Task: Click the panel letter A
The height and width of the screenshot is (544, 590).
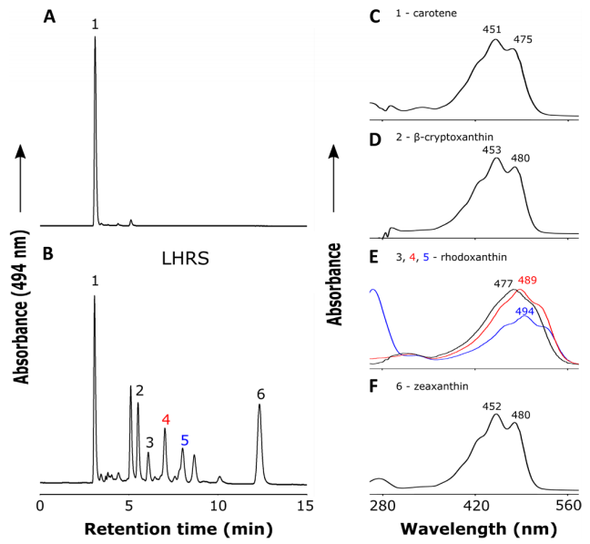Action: click(x=50, y=17)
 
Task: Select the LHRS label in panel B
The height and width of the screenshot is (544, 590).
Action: click(x=185, y=259)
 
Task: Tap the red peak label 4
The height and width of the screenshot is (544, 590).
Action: click(x=166, y=419)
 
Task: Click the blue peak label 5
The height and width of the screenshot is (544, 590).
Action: click(x=184, y=440)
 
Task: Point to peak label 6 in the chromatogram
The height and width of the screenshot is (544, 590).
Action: click(x=261, y=395)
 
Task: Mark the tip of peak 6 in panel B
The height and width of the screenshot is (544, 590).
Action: click(x=259, y=405)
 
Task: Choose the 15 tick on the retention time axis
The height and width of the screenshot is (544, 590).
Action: click(x=305, y=507)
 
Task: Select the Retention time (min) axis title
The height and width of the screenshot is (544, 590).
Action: click(x=178, y=529)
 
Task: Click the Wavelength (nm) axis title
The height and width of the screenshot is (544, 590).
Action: click(x=478, y=529)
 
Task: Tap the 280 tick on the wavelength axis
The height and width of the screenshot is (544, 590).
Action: click(x=382, y=506)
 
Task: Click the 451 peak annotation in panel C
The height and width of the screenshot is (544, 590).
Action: click(x=493, y=29)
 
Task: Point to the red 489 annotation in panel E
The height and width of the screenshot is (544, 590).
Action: click(x=527, y=280)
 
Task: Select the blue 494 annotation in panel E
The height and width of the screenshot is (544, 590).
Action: click(x=524, y=312)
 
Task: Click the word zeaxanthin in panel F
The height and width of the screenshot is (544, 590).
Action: click(x=441, y=386)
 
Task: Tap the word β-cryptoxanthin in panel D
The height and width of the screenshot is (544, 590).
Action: click(x=453, y=137)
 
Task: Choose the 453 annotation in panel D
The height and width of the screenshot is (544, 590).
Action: click(x=493, y=149)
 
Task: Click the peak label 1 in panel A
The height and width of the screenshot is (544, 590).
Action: click(x=95, y=25)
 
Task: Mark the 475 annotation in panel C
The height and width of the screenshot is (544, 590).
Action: click(x=523, y=39)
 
